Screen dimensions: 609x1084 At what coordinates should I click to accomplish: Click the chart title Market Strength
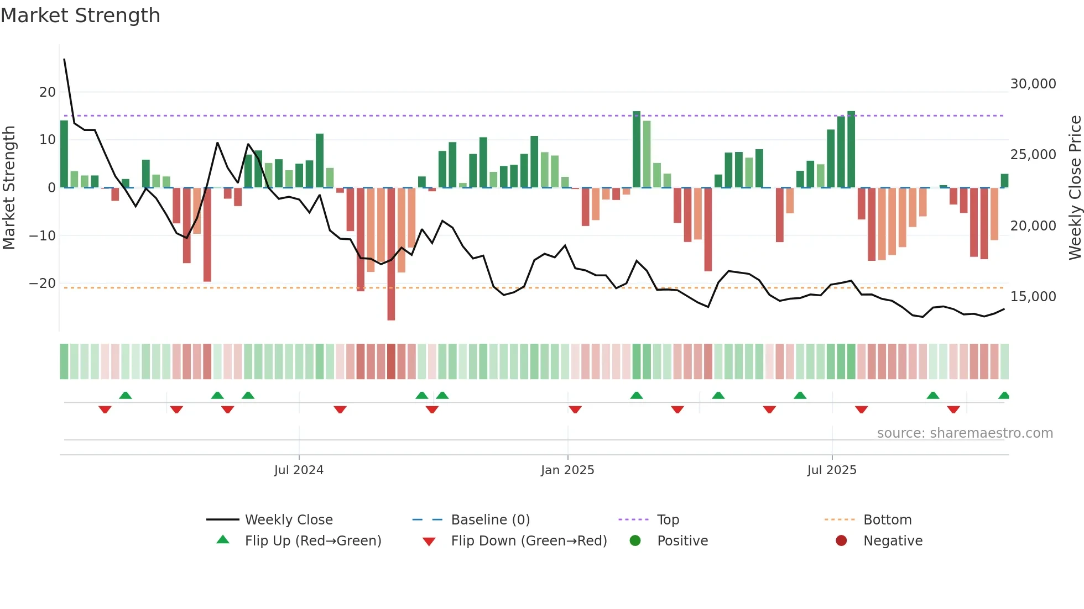coord(80,15)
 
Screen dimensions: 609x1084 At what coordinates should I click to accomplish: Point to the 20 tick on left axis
coord(48,92)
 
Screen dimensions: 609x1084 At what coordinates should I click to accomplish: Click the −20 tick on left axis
coord(43,283)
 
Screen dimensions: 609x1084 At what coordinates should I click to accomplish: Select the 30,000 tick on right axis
coord(1033,84)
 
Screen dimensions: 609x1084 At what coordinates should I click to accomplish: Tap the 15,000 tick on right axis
coord(1033,297)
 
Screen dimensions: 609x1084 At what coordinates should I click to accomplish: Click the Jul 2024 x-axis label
coord(299,470)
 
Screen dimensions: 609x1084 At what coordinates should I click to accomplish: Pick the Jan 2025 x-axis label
coord(567,470)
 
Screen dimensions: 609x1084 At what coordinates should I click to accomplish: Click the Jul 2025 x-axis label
coord(831,470)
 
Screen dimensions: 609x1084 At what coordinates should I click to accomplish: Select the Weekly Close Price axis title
coord(1075,188)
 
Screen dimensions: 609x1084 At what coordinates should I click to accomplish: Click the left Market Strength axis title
coord(9,188)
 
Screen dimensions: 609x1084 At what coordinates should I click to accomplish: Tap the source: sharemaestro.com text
coord(965,433)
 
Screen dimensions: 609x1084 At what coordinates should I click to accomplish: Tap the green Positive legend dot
coord(635,541)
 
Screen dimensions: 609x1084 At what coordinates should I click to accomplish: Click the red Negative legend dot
coord(841,541)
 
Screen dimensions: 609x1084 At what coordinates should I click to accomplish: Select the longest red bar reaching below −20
coord(391,254)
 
